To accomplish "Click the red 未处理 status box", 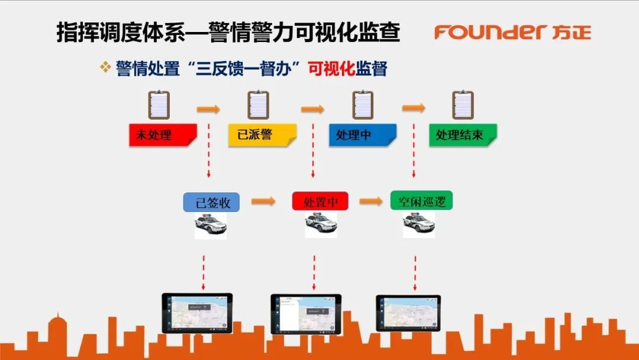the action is pos(162,135).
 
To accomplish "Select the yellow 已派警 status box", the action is pos(262,135).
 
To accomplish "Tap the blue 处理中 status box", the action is pos(362,135).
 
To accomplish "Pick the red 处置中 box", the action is pos(320,201).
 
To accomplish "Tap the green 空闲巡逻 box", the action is pos(421,201).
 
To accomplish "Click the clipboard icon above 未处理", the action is pos(159,105).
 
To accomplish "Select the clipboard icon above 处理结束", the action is pos(463,105).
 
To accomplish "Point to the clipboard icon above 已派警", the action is pos(258,105).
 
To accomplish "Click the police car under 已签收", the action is pos(211,225).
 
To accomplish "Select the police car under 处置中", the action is pos(321,224).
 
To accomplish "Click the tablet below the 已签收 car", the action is pos(197,313).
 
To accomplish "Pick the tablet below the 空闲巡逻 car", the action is pos(408,313).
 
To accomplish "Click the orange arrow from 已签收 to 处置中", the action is pos(263,202).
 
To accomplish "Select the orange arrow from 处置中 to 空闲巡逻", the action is pos(371,201).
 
